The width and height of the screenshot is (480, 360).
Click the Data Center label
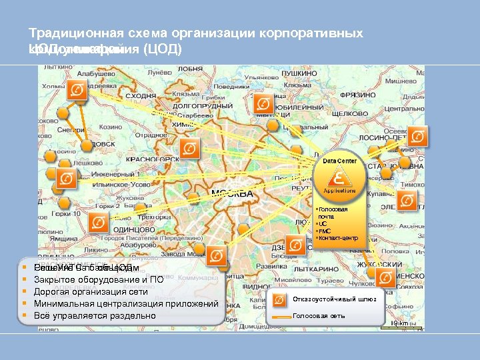click(x=340, y=161)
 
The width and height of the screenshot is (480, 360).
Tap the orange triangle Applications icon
click(x=340, y=179)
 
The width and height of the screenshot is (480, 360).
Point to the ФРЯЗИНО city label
click(x=395, y=95)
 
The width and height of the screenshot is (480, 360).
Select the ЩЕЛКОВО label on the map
click(x=349, y=114)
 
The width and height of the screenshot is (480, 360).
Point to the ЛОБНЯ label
click(x=191, y=69)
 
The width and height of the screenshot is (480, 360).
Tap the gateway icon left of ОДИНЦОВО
click(x=99, y=223)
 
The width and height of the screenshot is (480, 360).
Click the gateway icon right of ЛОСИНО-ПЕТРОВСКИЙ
click(x=418, y=137)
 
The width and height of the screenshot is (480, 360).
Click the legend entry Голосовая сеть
click(x=319, y=315)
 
